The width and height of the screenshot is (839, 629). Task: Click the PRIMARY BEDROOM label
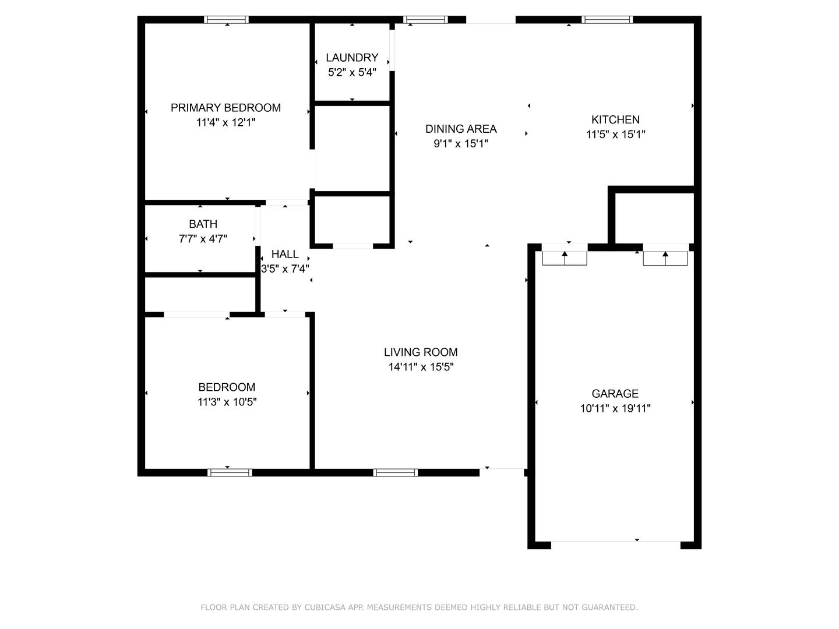[225, 108]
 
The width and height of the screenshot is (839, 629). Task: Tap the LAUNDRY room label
[352, 58]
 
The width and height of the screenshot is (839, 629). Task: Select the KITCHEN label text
[615, 119]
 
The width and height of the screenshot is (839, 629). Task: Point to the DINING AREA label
[461, 129]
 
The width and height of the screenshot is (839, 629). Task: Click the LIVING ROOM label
[421, 352]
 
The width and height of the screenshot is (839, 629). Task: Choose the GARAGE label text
[615, 393]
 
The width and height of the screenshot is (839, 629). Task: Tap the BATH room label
[203, 224]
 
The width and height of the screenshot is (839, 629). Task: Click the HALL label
[285, 254]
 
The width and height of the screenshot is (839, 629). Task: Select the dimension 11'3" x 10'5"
[227, 402]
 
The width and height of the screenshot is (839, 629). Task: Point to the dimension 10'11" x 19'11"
[615, 408]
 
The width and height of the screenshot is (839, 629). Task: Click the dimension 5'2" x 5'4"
[352, 72]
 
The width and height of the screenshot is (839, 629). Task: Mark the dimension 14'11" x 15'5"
[421, 367]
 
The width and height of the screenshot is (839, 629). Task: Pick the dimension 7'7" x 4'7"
[203, 239]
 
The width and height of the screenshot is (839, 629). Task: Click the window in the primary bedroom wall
[226, 19]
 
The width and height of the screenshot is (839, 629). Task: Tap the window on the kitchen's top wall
[607, 19]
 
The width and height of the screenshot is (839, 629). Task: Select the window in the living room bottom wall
[395, 472]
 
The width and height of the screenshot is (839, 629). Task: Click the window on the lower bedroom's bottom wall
[230, 472]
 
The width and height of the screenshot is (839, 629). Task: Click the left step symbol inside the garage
[565, 258]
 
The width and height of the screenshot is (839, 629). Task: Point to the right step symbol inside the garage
[665, 258]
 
